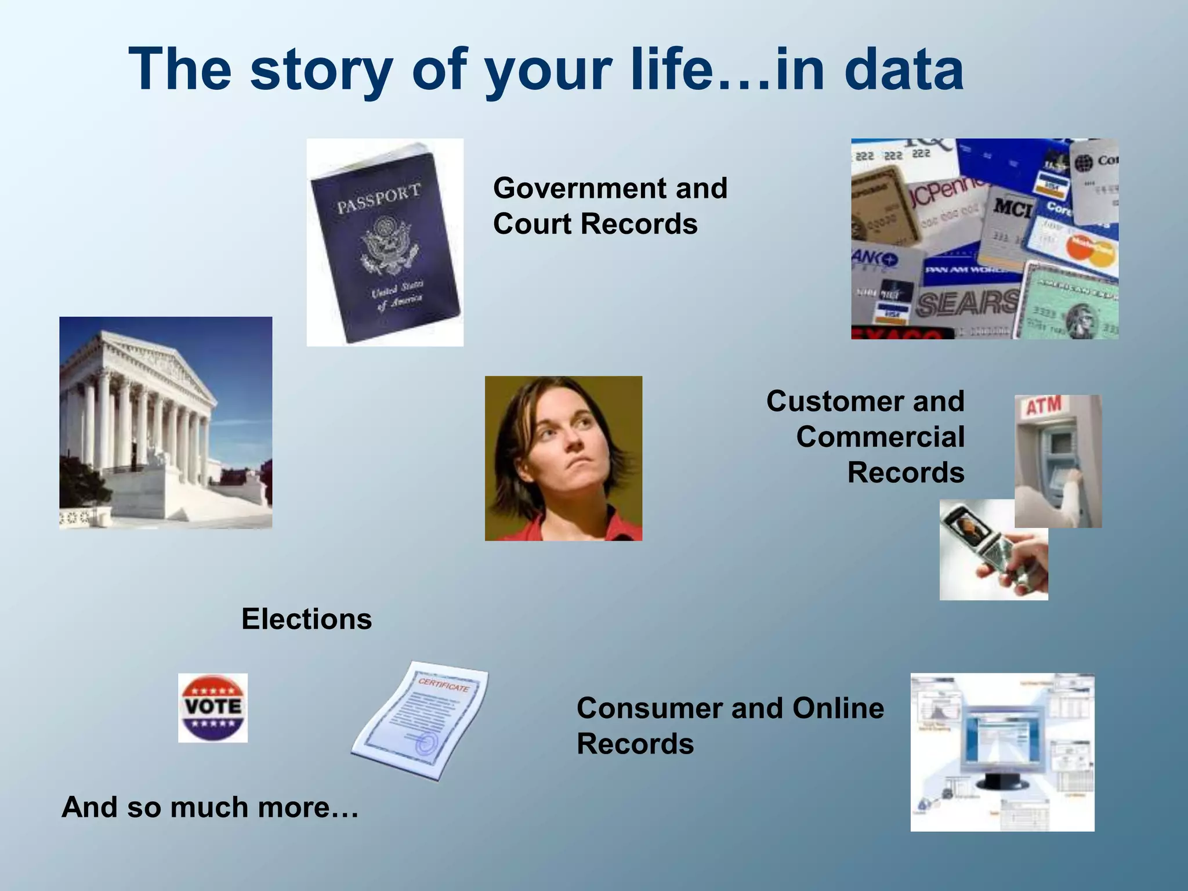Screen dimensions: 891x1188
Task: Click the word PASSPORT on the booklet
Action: pyautogui.click(x=379, y=198)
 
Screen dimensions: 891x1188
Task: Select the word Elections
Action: pyautogui.click(x=306, y=619)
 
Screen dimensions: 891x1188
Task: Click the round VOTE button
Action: pyautogui.click(x=213, y=708)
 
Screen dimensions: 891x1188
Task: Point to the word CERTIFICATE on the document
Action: pyautogui.click(x=443, y=684)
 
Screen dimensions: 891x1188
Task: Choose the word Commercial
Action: pyautogui.click(x=880, y=437)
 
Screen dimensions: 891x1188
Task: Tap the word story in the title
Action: pyautogui.click(x=322, y=70)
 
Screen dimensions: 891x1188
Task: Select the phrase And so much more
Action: pyautogui.click(x=209, y=807)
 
